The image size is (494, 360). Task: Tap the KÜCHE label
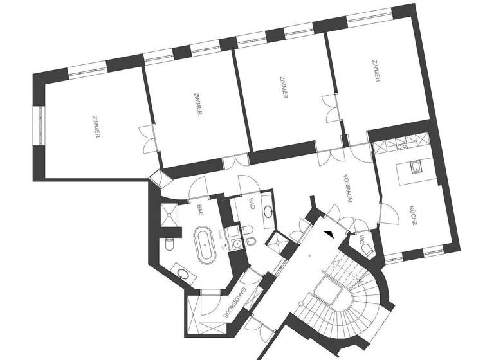(412, 214)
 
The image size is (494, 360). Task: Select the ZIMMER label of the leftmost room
(96, 126)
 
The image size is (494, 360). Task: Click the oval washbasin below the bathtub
(184, 275)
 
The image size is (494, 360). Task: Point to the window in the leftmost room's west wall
(38, 126)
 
